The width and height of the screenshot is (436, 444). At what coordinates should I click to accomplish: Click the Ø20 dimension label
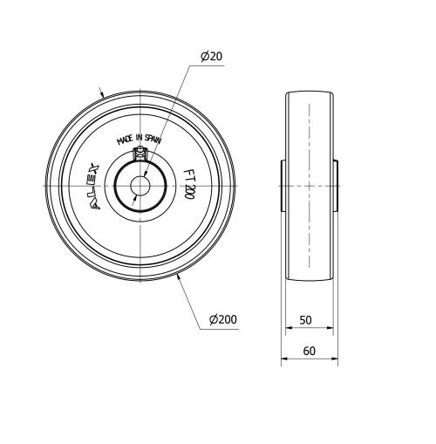point(211,56)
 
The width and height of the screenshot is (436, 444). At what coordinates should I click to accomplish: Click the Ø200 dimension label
point(222,320)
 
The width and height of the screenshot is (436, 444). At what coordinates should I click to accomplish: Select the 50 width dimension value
point(305,320)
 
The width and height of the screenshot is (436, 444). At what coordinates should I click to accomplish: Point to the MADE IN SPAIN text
point(140,139)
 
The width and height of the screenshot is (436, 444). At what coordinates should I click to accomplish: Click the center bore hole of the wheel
point(140,187)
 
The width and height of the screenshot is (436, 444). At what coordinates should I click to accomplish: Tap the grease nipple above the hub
point(140,154)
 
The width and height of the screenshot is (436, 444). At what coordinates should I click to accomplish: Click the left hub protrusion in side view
point(283,186)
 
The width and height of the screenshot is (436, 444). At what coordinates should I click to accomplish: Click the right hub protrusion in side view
point(336,186)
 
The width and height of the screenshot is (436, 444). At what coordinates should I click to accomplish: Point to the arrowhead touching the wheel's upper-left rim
point(104,95)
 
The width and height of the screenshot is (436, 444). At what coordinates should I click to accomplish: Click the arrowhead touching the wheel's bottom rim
point(178,276)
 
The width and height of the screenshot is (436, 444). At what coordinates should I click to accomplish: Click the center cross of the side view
point(309,187)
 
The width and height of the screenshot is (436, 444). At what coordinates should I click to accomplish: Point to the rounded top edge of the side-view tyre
point(310,92)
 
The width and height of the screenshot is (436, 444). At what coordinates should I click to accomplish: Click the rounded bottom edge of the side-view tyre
point(310,281)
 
